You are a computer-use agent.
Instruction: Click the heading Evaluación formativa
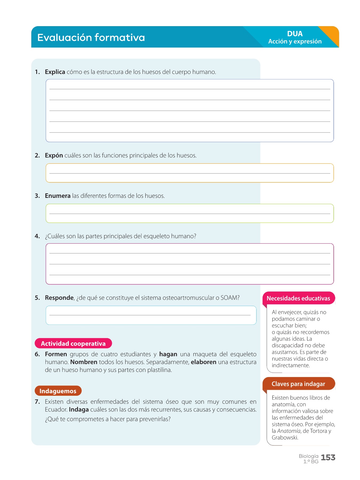click(91, 38)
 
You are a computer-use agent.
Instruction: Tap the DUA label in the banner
click(295, 34)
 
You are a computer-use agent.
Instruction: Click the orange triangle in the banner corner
click(331, 35)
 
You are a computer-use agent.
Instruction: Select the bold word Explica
click(55, 72)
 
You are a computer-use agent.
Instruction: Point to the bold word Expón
click(54, 155)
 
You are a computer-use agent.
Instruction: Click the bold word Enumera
click(58, 196)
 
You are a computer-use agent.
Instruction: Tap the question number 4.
click(37, 236)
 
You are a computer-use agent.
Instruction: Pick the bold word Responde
click(59, 298)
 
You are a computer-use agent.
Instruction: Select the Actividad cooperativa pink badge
click(73, 343)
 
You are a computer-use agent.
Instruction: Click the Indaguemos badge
click(58, 391)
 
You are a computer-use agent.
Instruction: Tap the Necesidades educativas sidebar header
click(298, 298)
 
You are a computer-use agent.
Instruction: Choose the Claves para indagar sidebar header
click(298, 384)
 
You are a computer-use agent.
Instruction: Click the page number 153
click(328, 458)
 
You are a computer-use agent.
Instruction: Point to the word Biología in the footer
click(309, 456)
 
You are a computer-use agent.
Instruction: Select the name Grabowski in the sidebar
click(285, 438)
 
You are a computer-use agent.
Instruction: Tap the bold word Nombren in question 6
click(84, 362)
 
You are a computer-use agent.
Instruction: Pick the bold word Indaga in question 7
click(79, 410)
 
